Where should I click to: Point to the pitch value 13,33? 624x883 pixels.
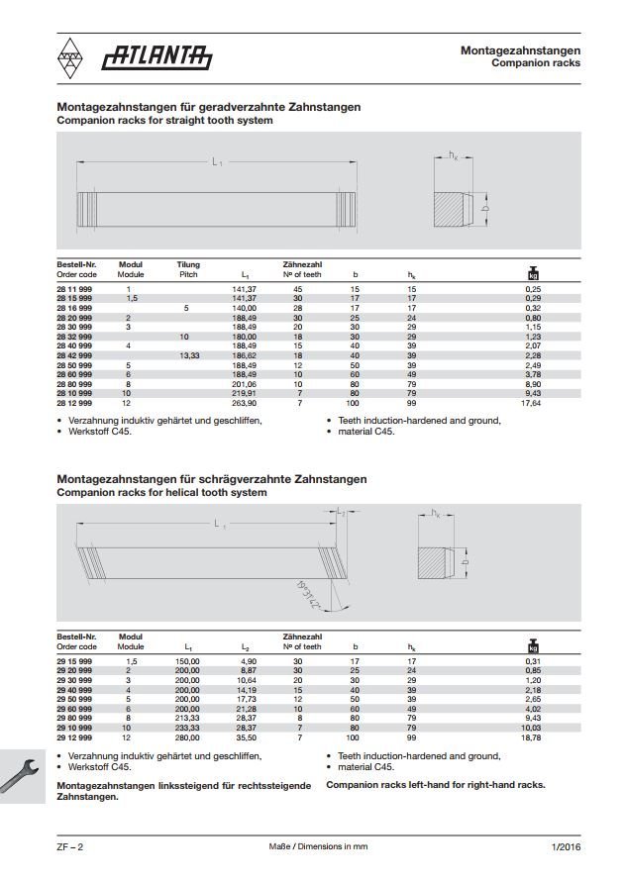point(188,354)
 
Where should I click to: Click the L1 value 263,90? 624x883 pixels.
point(244,404)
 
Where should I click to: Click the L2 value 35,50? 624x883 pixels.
point(248,737)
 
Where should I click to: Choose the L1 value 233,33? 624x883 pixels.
point(187,728)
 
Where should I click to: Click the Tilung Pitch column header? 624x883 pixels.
point(188,269)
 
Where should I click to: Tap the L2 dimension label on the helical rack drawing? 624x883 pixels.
point(340,511)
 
